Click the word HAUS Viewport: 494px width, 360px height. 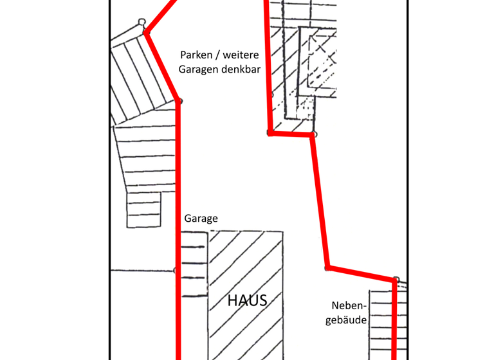247,300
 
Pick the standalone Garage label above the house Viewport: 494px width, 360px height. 201,219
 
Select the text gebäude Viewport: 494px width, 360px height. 345,320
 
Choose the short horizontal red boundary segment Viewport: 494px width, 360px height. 291,134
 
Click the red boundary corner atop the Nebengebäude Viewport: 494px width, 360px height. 394,280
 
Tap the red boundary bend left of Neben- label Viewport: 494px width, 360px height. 327,267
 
